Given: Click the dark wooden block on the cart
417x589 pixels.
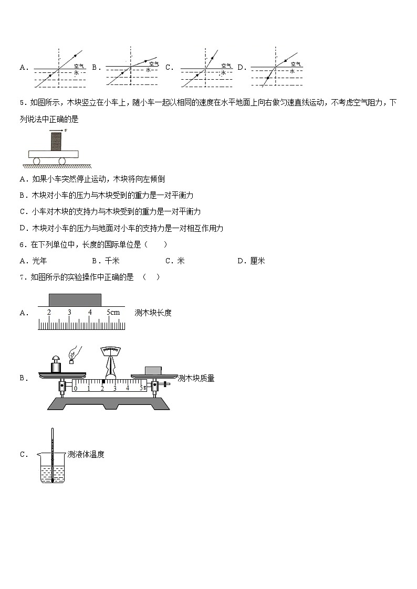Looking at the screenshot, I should click(56, 141).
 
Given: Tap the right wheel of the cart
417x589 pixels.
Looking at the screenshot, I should click(61, 161).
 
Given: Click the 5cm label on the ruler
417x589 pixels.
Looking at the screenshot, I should click(113, 313).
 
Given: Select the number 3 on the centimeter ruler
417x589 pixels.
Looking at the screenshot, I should click(69, 313).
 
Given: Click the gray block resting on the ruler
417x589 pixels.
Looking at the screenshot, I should click(75, 299).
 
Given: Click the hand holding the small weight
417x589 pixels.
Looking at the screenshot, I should click(76, 351).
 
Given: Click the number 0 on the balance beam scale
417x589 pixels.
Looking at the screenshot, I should click(76, 388).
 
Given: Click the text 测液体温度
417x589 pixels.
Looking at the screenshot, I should click(86, 455).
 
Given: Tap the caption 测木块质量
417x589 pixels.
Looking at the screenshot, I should click(196, 378).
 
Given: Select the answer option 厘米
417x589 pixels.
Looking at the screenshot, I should click(257, 261).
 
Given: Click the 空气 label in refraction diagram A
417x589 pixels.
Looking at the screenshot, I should click(80, 66).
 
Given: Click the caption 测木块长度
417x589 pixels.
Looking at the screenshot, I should click(153, 313).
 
